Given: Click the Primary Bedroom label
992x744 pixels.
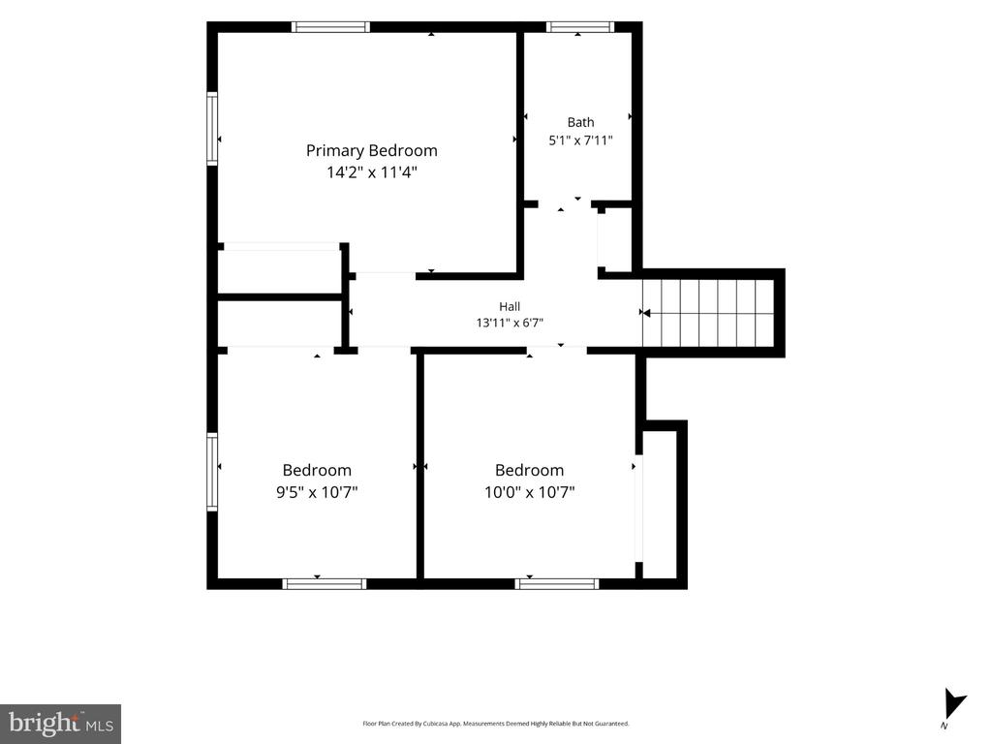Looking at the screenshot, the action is coord(371,150).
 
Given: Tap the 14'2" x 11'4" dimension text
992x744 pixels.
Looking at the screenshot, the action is coord(372,172).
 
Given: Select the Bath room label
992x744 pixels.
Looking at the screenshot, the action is coord(581,122).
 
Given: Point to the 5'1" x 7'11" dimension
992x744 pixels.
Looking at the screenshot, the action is coord(581,140).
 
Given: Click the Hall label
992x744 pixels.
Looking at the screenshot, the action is coord(510,307).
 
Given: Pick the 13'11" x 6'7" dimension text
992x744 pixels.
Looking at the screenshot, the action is coord(510,323).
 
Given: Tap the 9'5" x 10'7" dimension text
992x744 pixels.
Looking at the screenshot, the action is coord(317,491).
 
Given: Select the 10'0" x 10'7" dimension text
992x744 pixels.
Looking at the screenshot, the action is coord(530,491).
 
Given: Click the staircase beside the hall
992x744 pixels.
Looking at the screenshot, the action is coord(708,313).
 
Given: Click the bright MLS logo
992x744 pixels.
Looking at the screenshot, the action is coord(60,724).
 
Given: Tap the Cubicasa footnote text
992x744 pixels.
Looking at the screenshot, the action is coord(495,723).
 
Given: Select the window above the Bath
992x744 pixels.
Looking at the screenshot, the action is coord(580,26).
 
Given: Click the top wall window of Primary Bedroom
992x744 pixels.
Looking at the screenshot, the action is coord(331,26).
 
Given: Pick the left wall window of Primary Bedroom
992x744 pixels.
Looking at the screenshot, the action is coord(212,129).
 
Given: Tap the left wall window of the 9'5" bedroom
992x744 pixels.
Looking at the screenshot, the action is coord(212,472).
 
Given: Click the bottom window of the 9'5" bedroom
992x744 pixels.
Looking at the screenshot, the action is coord(324,584).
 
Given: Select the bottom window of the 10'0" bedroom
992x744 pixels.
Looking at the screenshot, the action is coord(557,584).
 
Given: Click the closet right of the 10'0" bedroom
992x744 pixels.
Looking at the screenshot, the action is coord(661,504).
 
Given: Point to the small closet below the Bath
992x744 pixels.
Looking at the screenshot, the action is coord(614,238).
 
